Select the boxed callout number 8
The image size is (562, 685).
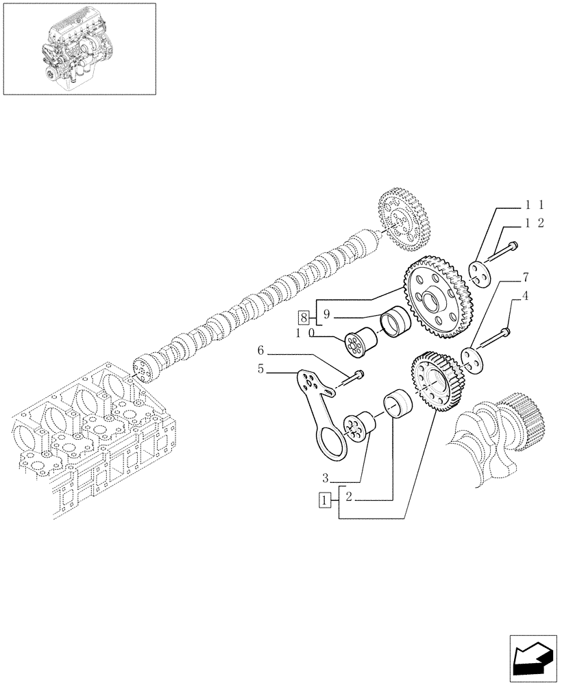(303, 316)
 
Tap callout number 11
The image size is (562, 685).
(534, 204)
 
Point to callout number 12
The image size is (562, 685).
(534, 223)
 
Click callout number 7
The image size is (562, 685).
(525, 277)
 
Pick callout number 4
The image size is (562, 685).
(525, 296)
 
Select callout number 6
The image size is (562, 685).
(260, 351)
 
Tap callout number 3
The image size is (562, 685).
(327, 477)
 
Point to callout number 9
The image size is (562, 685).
(327, 315)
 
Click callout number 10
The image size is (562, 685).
(304, 333)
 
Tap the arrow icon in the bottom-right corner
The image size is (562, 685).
(533, 659)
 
